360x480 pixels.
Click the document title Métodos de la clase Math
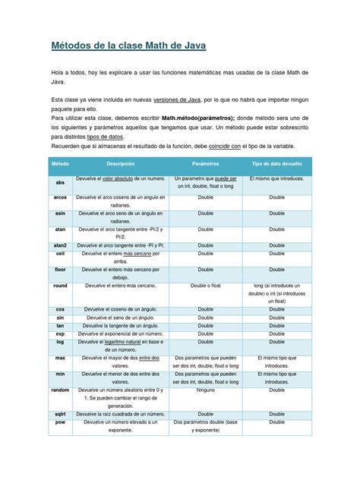click(128, 46)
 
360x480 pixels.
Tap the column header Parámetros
click(206, 163)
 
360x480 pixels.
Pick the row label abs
click(60, 183)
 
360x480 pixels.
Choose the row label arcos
click(60, 196)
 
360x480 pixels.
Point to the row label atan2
click(60, 247)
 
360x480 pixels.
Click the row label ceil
click(60, 257)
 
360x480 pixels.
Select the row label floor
click(60, 270)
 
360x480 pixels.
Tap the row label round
click(60, 286)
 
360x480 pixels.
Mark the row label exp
click(60, 333)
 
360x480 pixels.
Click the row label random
click(60, 390)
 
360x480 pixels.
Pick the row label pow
click(60, 422)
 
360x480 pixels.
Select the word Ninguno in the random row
click(206, 390)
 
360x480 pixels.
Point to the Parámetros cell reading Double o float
click(206, 286)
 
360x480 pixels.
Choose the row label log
click(60, 343)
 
